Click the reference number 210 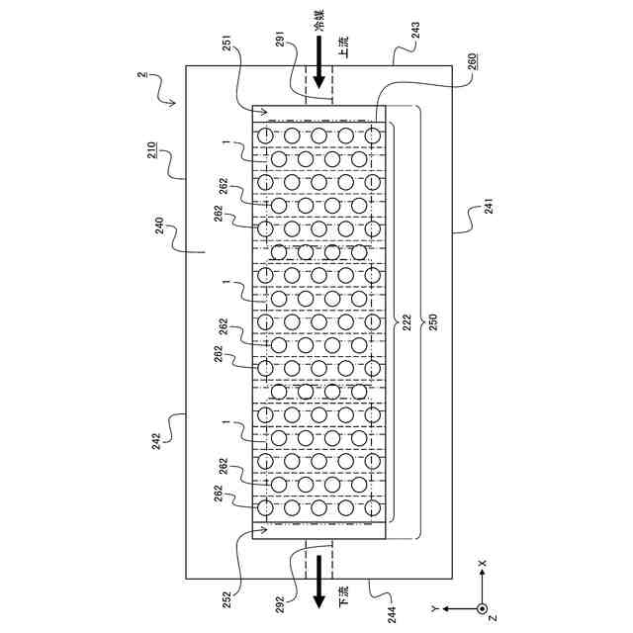pos(151,150)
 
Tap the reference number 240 pos(159,226)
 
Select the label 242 pos(156,441)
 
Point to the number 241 pos(489,206)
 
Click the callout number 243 pos(415,31)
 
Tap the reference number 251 pos(227,44)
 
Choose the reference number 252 pos(227,600)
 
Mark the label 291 pos(281,40)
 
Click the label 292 pos(281,605)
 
